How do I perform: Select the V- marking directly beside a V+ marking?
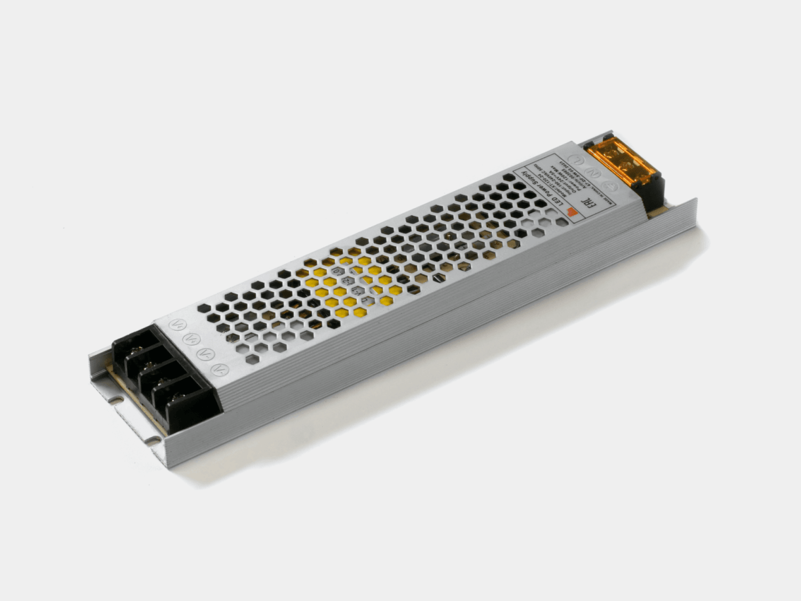[x=203, y=354]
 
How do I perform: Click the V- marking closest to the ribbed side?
[x=217, y=369]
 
